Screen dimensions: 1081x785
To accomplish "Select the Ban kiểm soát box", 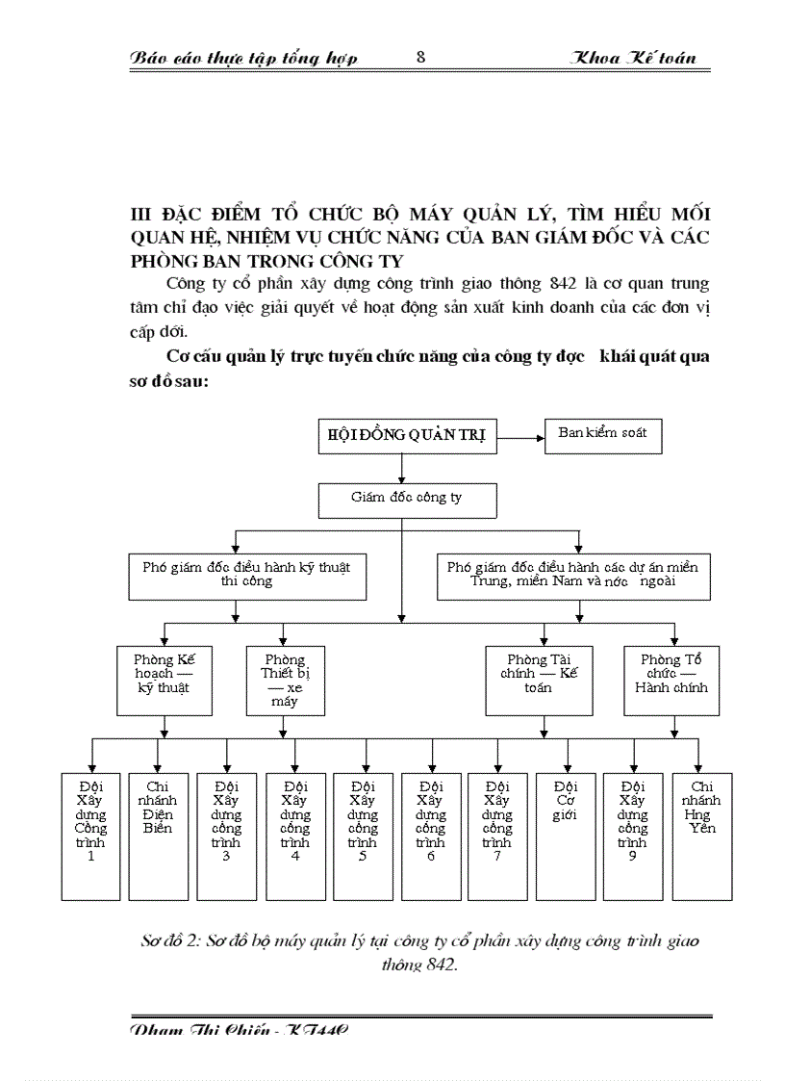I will [x=603, y=434].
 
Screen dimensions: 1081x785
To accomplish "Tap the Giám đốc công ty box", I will [x=406, y=499].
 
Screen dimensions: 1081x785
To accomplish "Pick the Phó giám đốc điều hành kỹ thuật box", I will [x=240, y=574].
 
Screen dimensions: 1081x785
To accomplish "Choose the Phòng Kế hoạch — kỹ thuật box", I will [x=164, y=680].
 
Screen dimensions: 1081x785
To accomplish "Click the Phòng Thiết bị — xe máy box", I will [x=285, y=680].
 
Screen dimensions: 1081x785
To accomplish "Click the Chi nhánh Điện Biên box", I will [x=158, y=835].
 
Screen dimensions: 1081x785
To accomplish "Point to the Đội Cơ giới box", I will [x=566, y=835].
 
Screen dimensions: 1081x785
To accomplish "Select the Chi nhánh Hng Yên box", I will [x=702, y=835].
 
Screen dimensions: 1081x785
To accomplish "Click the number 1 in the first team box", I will [x=91, y=857].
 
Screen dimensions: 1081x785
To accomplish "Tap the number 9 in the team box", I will [x=632, y=857].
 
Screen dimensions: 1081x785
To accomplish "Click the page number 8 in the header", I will [x=421, y=57].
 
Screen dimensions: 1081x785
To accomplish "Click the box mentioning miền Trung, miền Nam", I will [x=573, y=574].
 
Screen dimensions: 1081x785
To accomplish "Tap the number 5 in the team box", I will [x=362, y=857].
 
